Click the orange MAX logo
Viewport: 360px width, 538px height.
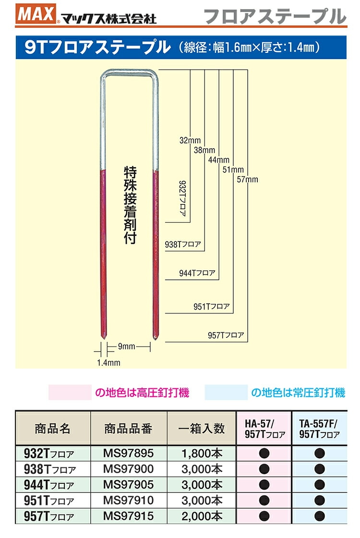coord(36,14)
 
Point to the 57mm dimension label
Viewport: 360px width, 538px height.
coord(248,179)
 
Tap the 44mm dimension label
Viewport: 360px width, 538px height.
coord(219,160)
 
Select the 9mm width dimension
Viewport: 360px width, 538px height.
coord(127,345)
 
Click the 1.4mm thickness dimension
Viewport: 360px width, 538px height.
coord(108,362)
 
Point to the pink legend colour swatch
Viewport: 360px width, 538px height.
coord(70,393)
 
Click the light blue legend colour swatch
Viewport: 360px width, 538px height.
coord(226,393)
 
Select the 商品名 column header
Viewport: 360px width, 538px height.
coord(53,428)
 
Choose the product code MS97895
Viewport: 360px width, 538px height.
coord(129,453)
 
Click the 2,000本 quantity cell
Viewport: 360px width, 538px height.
coord(202,516)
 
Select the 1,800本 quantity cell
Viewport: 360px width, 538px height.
coord(202,453)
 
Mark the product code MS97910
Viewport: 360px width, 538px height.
coord(129,501)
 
